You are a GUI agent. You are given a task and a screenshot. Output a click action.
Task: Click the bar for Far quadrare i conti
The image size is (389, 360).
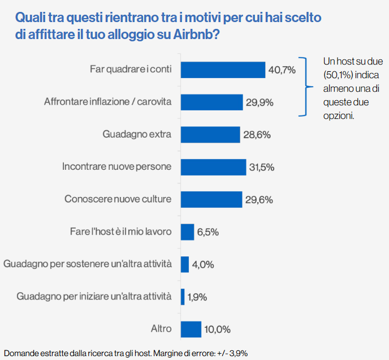click(x=223, y=70)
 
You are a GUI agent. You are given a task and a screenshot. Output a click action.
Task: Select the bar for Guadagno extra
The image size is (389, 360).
click(x=210, y=134)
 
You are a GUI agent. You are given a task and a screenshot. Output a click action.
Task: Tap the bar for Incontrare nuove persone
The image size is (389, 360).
click(x=213, y=167)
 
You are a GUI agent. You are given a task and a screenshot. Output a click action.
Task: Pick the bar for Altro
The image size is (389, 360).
click(x=191, y=329)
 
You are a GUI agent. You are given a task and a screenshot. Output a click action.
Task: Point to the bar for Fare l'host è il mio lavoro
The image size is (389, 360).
click(x=187, y=232)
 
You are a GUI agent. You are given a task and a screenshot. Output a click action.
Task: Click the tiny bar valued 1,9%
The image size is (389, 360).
click(x=182, y=297)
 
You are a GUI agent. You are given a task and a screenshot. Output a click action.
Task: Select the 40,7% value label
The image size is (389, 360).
click(x=282, y=70)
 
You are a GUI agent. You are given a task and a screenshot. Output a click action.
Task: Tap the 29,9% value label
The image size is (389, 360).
click(x=260, y=102)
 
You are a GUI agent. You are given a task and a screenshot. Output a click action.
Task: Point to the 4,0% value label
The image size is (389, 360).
click(x=204, y=264)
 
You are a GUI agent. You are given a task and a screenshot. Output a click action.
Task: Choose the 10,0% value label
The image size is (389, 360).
click(x=217, y=329)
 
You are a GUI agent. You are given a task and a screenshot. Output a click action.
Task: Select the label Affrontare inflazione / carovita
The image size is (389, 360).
click(x=108, y=102)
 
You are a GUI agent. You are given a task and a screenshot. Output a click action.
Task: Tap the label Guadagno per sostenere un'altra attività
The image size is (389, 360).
click(x=87, y=264)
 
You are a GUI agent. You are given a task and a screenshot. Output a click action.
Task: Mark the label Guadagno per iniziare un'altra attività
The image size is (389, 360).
click(x=94, y=297)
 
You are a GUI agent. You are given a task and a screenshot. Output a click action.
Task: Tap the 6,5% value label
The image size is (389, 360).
click(x=208, y=232)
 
